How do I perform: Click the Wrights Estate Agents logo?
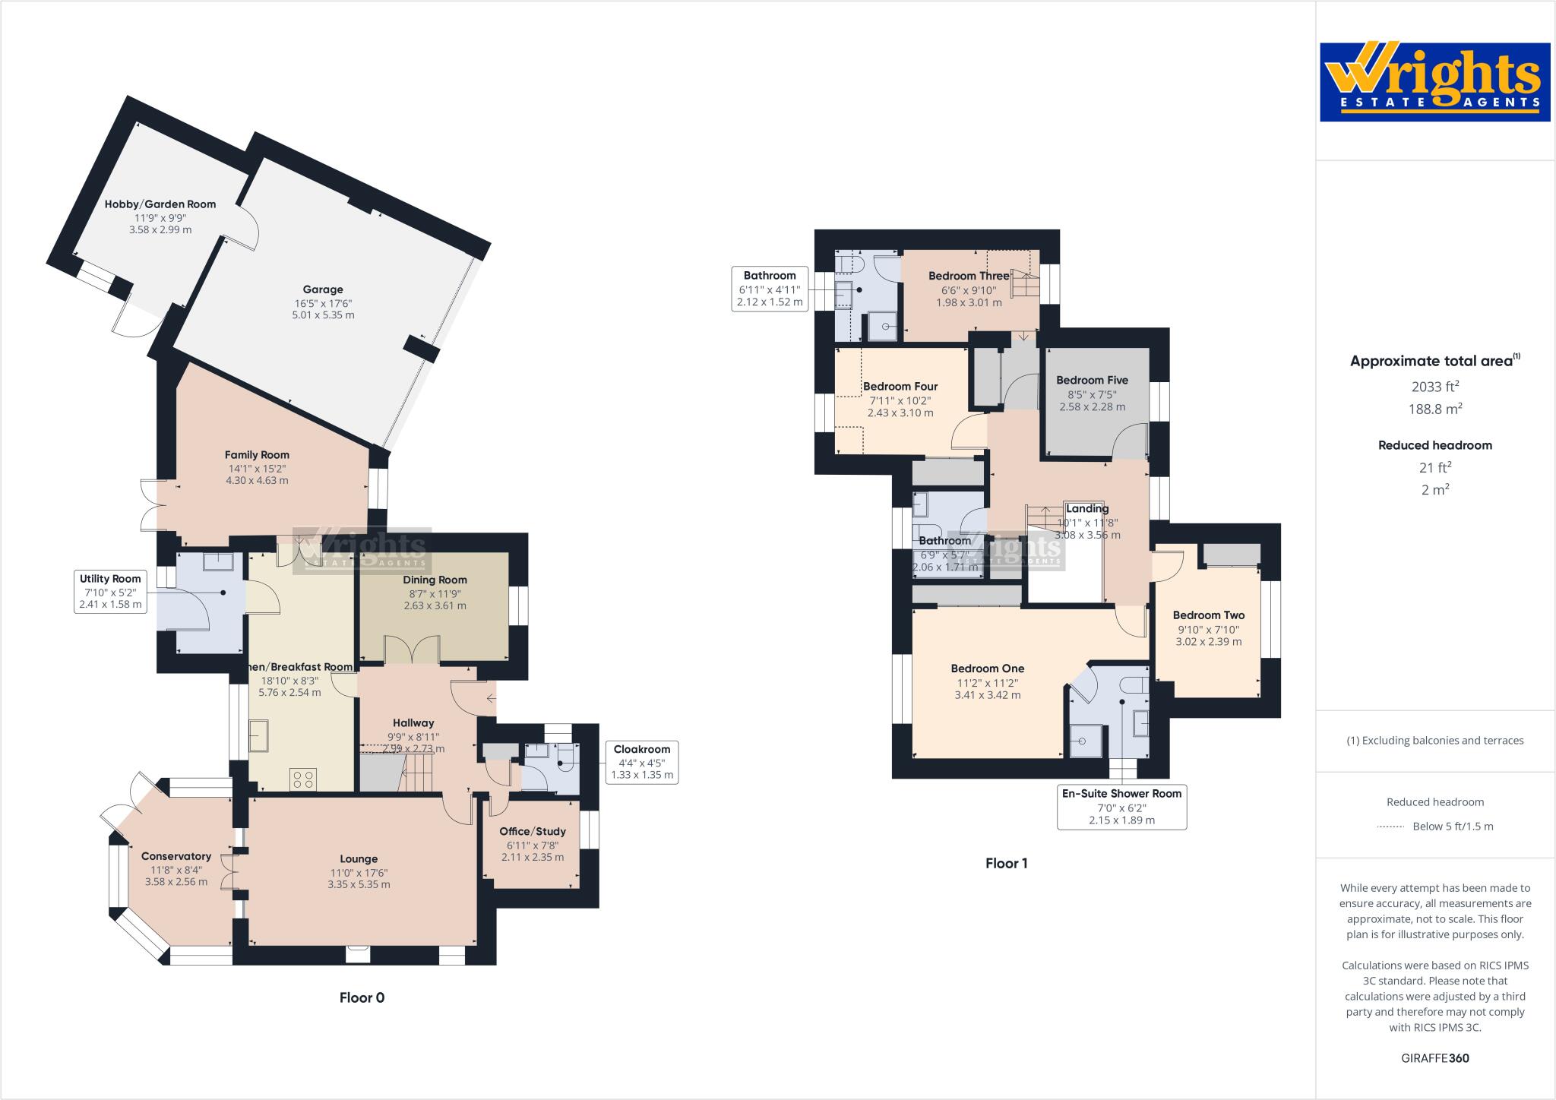point(1434,82)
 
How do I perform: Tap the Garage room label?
point(323,289)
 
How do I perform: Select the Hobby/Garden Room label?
point(160,204)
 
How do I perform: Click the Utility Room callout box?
point(110,591)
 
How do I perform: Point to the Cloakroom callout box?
point(642,762)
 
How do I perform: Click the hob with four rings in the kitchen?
point(303,779)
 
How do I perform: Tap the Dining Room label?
point(435,580)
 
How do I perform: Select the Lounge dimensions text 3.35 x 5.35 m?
point(359,884)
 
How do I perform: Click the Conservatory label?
point(176,856)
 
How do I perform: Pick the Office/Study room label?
point(533,831)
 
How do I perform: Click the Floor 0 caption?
point(362,997)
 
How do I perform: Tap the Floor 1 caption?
point(1006,863)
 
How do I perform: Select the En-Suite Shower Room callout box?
point(1121,807)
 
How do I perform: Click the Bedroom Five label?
point(1092,380)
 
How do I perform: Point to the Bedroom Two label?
point(1208,615)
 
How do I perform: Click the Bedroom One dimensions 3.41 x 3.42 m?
point(988,694)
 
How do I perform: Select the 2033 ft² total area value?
point(1434,387)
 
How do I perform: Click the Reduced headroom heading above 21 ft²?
point(1434,445)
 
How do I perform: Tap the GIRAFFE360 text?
point(1434,1058)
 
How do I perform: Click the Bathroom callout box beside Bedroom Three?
point(770,288)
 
